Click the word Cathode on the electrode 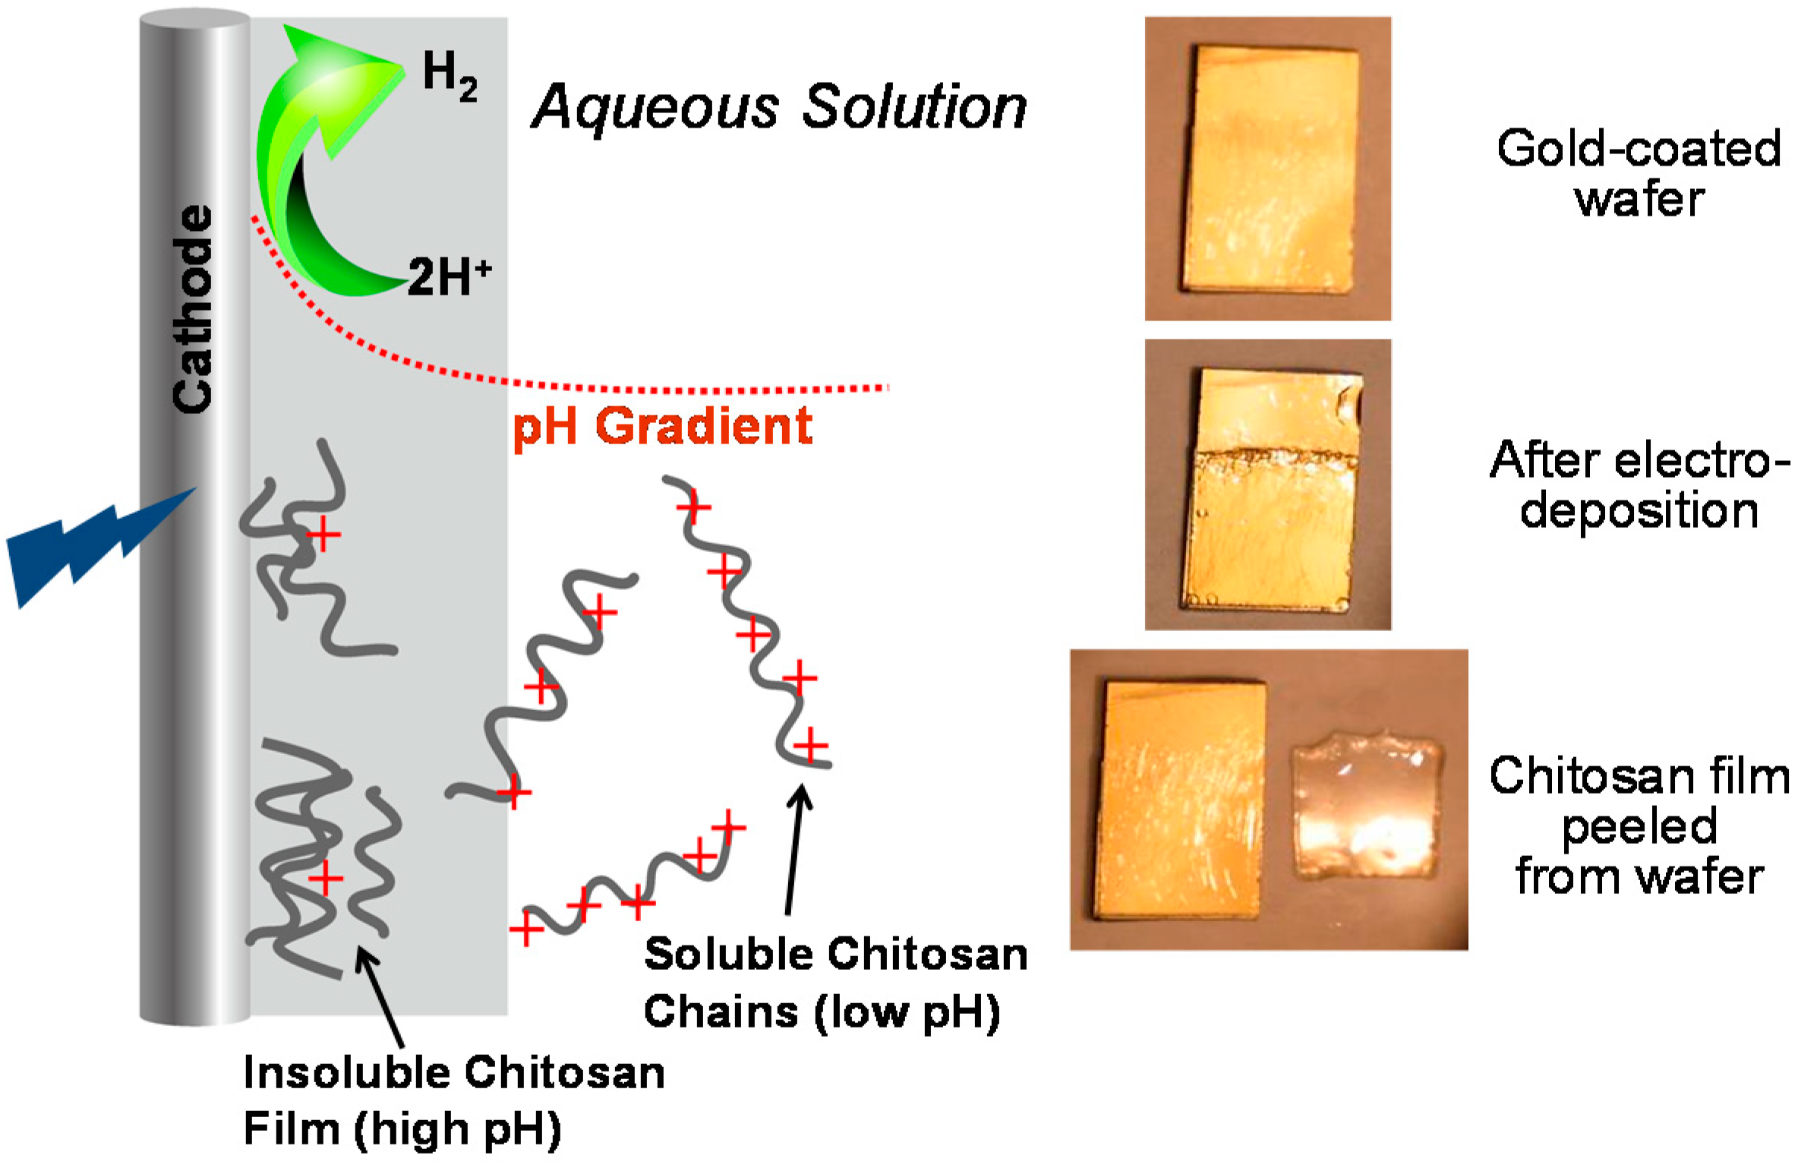(x=193, y=310)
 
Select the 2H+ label (x=449, y=277)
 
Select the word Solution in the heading (x=915, y=107)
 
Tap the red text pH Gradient (x=663, y=426)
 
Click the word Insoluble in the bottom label (x=345, y=1074)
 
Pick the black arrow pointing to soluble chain (x=795, y=851)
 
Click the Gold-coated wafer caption (x=1639, y=173)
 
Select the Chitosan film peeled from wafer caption (x=1639, y=826)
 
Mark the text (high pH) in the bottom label (x=457, y=1131)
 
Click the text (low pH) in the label (x=907, y=1012)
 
